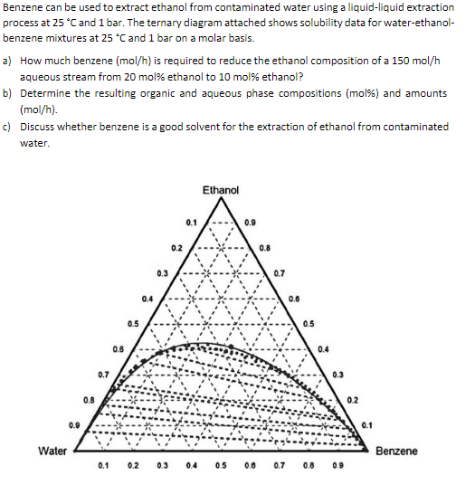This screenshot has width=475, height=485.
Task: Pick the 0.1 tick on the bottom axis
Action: (x=103, y=467)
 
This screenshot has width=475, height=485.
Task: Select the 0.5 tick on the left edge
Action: (x=133, y=323)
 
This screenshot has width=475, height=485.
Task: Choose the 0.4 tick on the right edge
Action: (x=323, y=348)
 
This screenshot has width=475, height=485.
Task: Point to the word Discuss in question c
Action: (x=39, y=127)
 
